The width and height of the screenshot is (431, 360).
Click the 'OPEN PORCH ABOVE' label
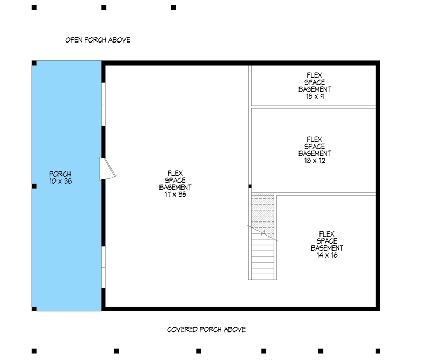tap(98, 40)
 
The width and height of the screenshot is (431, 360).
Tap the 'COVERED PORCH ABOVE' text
tap(206, 329)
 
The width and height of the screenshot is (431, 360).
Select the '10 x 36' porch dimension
tap(60, 181)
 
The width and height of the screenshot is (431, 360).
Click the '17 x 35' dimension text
tap(176, 195)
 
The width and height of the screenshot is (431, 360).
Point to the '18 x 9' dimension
tap(315, 96)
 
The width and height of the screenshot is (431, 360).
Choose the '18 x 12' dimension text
tap(315, 161)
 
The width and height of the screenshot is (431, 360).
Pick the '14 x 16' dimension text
tap(327, 255)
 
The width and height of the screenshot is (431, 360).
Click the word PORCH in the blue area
tap(60, 174)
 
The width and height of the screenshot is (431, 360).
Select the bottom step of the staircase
tap(263, 276)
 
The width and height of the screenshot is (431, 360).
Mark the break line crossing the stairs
tap(262, 233)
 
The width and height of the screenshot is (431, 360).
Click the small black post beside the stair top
tap(250, 186)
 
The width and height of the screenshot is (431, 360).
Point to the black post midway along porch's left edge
tap(34, 186)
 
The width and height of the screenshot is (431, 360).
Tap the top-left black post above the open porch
tap(34, 8)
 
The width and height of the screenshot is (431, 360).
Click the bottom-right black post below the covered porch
tap(378, 351)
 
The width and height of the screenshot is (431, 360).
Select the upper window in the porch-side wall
tap(103, 104)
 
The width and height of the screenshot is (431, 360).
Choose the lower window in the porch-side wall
tap(103, 267)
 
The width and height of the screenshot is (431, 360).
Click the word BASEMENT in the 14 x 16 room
tap(327, 248)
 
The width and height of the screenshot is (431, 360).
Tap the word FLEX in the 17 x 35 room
tap(175, 174)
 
